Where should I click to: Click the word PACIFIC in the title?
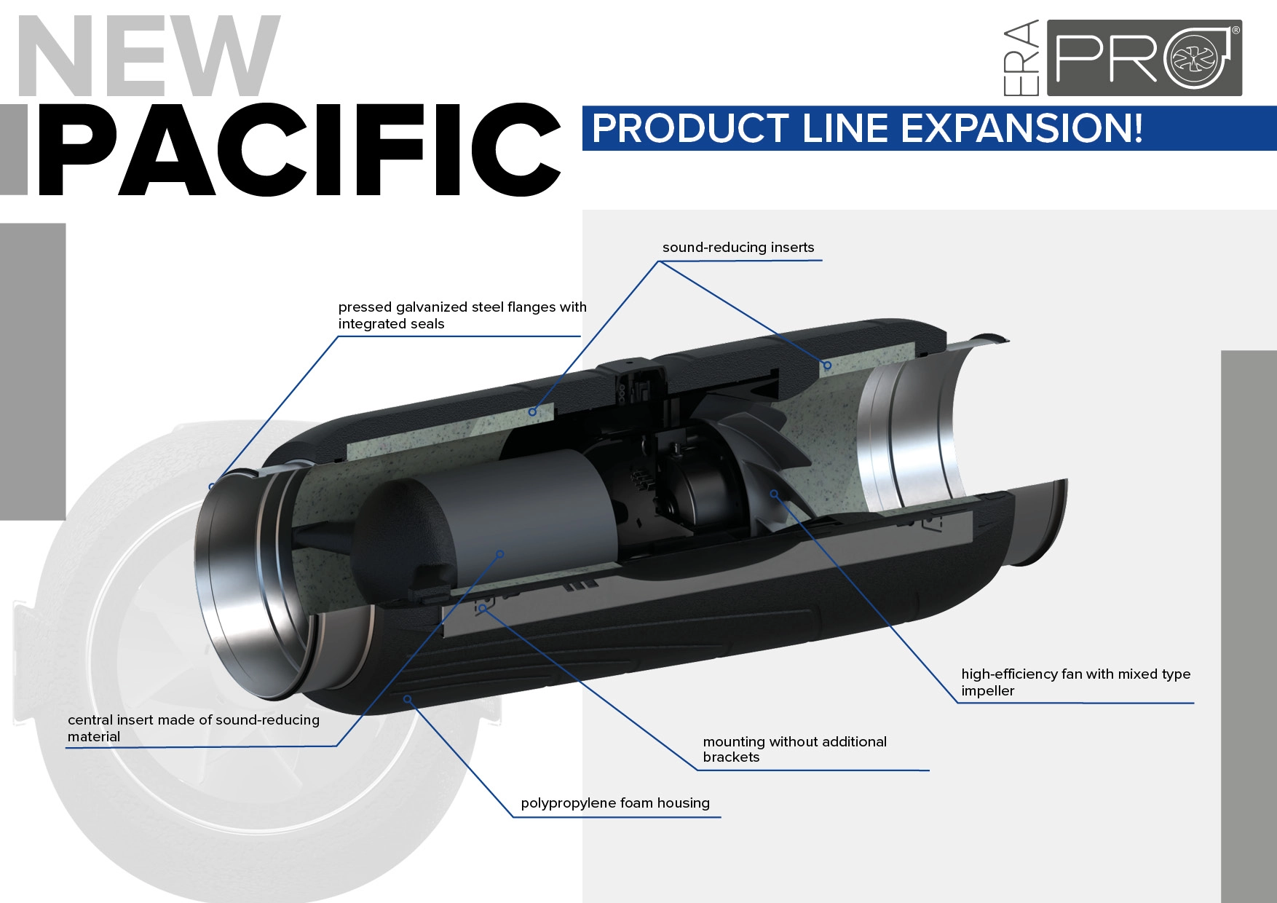(299, 150)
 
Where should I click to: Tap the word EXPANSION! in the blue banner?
(1021, 129)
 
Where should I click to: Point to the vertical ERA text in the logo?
(1021, 58)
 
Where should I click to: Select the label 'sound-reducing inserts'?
(738, 248)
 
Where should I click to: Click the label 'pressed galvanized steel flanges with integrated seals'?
(462, 315)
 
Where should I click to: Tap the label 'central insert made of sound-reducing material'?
(193, 727)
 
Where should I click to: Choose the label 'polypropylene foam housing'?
(614, 803)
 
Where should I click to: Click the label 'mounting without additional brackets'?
(794, 749)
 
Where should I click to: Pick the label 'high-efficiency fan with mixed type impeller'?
(1075, 682)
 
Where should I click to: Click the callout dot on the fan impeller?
(775, 494)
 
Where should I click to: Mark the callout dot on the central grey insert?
(500, 554)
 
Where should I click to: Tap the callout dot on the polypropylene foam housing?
(408, 699)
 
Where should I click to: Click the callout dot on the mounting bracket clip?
(482, 607)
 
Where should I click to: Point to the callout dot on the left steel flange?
(212, 486)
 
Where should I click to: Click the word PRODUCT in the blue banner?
(689, 129)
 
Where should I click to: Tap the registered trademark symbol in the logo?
(1235, 31)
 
